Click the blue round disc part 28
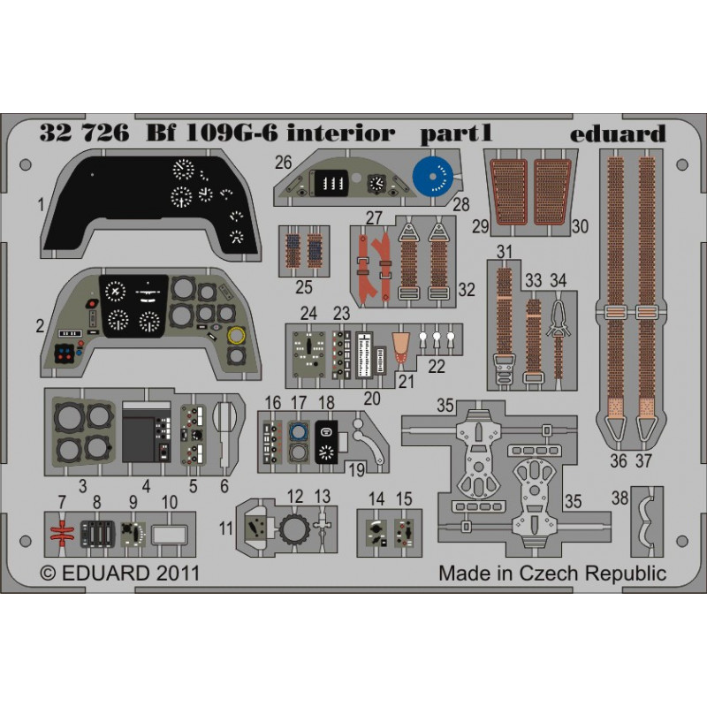(x=433, y=176)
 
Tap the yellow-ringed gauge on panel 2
(x=237, y=335)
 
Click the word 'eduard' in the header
(x=618, y=133)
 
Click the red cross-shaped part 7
(x=62, y=534)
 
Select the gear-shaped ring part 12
(x=294, y=528)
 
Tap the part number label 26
(x=283, y=163)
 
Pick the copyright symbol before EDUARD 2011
(x=49, y=574)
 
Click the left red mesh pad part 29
(x=509, y=192)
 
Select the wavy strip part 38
(x=647, y=521)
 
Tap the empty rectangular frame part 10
(x=169, y=535)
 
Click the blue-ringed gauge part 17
(x=298, y=432)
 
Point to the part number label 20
(x=372, y=399)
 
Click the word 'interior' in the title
(x=341, y=133)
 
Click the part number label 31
(x=504, y=252)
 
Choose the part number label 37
(x=644, y=460)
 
